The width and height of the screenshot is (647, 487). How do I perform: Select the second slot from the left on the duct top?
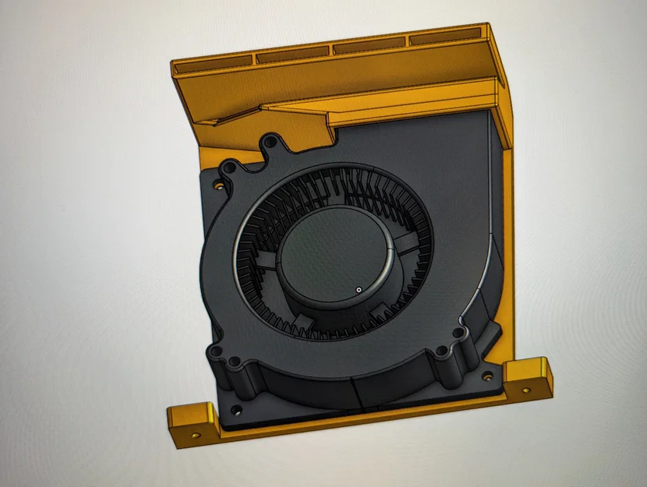(x=293, y=55)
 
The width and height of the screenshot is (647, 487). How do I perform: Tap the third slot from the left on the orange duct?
(x=369, y=47)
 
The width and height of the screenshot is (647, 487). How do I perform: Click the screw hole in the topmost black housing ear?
(x=270, y=143)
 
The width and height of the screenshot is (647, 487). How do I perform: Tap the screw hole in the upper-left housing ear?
(x=229, y=167)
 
